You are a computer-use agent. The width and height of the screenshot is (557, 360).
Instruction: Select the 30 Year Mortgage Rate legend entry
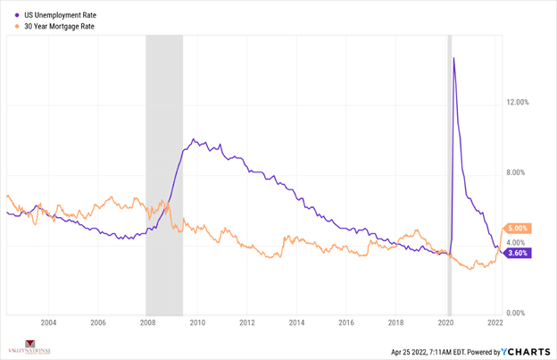point(59,27)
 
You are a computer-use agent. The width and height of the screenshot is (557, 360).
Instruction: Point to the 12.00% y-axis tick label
point(518,102)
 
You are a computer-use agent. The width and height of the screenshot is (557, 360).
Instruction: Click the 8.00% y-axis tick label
point(518,172)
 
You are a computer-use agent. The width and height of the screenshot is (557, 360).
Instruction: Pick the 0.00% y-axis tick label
point(518,313)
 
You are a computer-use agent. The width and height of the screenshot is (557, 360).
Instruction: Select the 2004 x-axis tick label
point(48,322)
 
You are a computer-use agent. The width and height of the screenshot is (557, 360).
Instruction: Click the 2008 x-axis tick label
point(148,322)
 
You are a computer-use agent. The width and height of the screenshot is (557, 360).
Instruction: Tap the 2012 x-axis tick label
point(247,322)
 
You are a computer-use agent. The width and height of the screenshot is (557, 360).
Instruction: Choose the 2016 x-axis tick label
point(347,322)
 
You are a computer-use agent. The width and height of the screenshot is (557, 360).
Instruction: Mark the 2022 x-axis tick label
point(497,322)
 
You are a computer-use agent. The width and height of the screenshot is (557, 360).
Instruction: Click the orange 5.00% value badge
point(519,229)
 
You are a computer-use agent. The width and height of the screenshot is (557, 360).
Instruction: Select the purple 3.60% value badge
point(519,253)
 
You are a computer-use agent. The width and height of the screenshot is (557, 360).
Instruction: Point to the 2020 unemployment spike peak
point(454,59)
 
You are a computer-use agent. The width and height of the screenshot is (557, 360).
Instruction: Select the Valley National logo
point(29,348)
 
